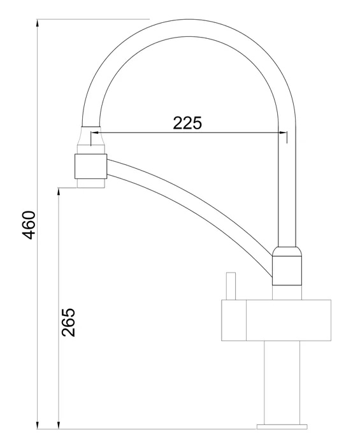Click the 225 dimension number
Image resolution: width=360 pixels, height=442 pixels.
187,123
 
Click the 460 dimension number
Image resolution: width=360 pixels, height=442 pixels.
29,225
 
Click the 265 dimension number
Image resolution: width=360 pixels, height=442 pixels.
69,322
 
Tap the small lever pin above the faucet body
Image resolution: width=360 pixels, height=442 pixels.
231,286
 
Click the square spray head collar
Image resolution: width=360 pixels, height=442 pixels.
90,166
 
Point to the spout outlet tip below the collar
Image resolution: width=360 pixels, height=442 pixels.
90,183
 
